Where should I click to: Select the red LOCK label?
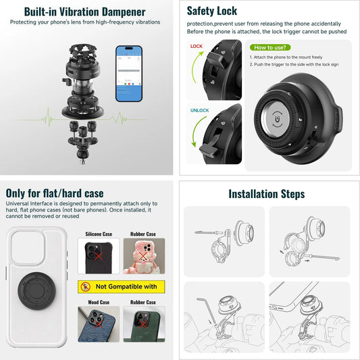click(197, 47)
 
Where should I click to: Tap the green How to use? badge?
click(271, 47)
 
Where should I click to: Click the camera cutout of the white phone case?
click(28, 246)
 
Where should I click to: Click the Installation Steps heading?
click(266, 194)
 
